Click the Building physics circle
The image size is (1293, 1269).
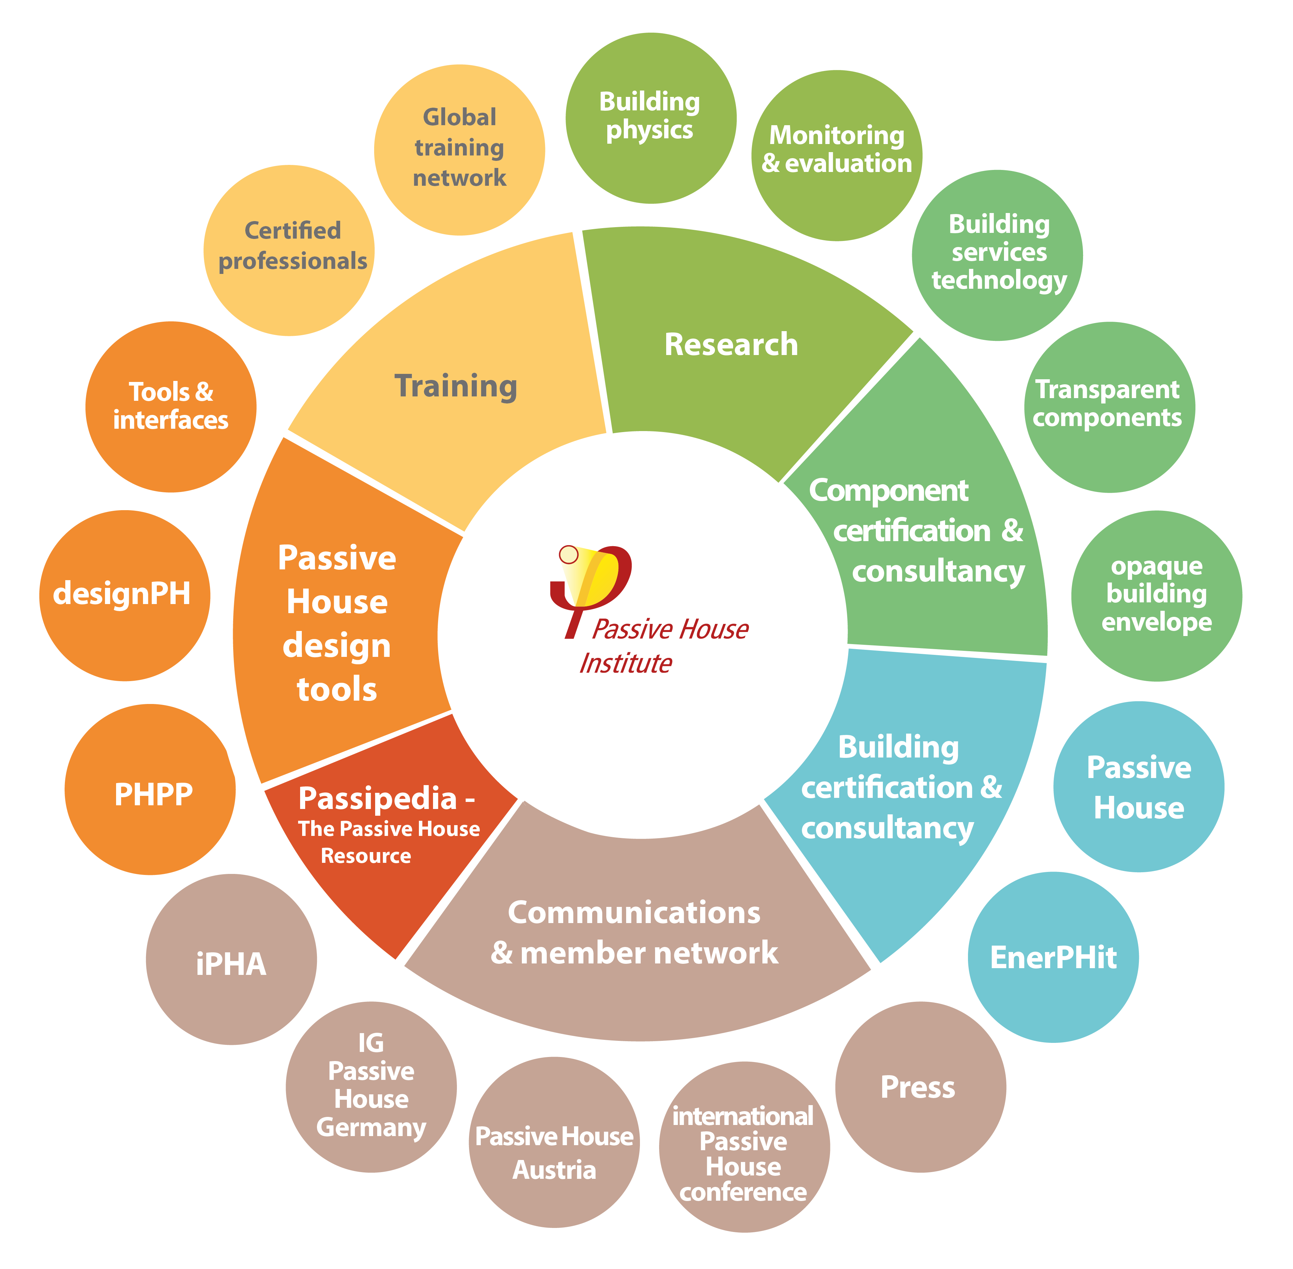click(650, 118)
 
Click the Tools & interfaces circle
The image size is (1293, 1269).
click(171, 407)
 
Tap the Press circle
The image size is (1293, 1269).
click(920, 1086)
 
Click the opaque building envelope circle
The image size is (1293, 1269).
click(1156, 595)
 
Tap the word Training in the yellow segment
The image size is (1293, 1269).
click(456, 386)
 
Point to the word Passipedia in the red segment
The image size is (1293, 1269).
click(378, 798)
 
